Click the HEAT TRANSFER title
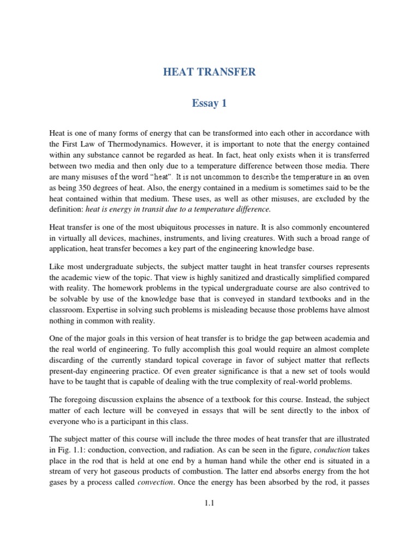[x=209, y=72]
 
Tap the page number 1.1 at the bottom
[x=209, y=504]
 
